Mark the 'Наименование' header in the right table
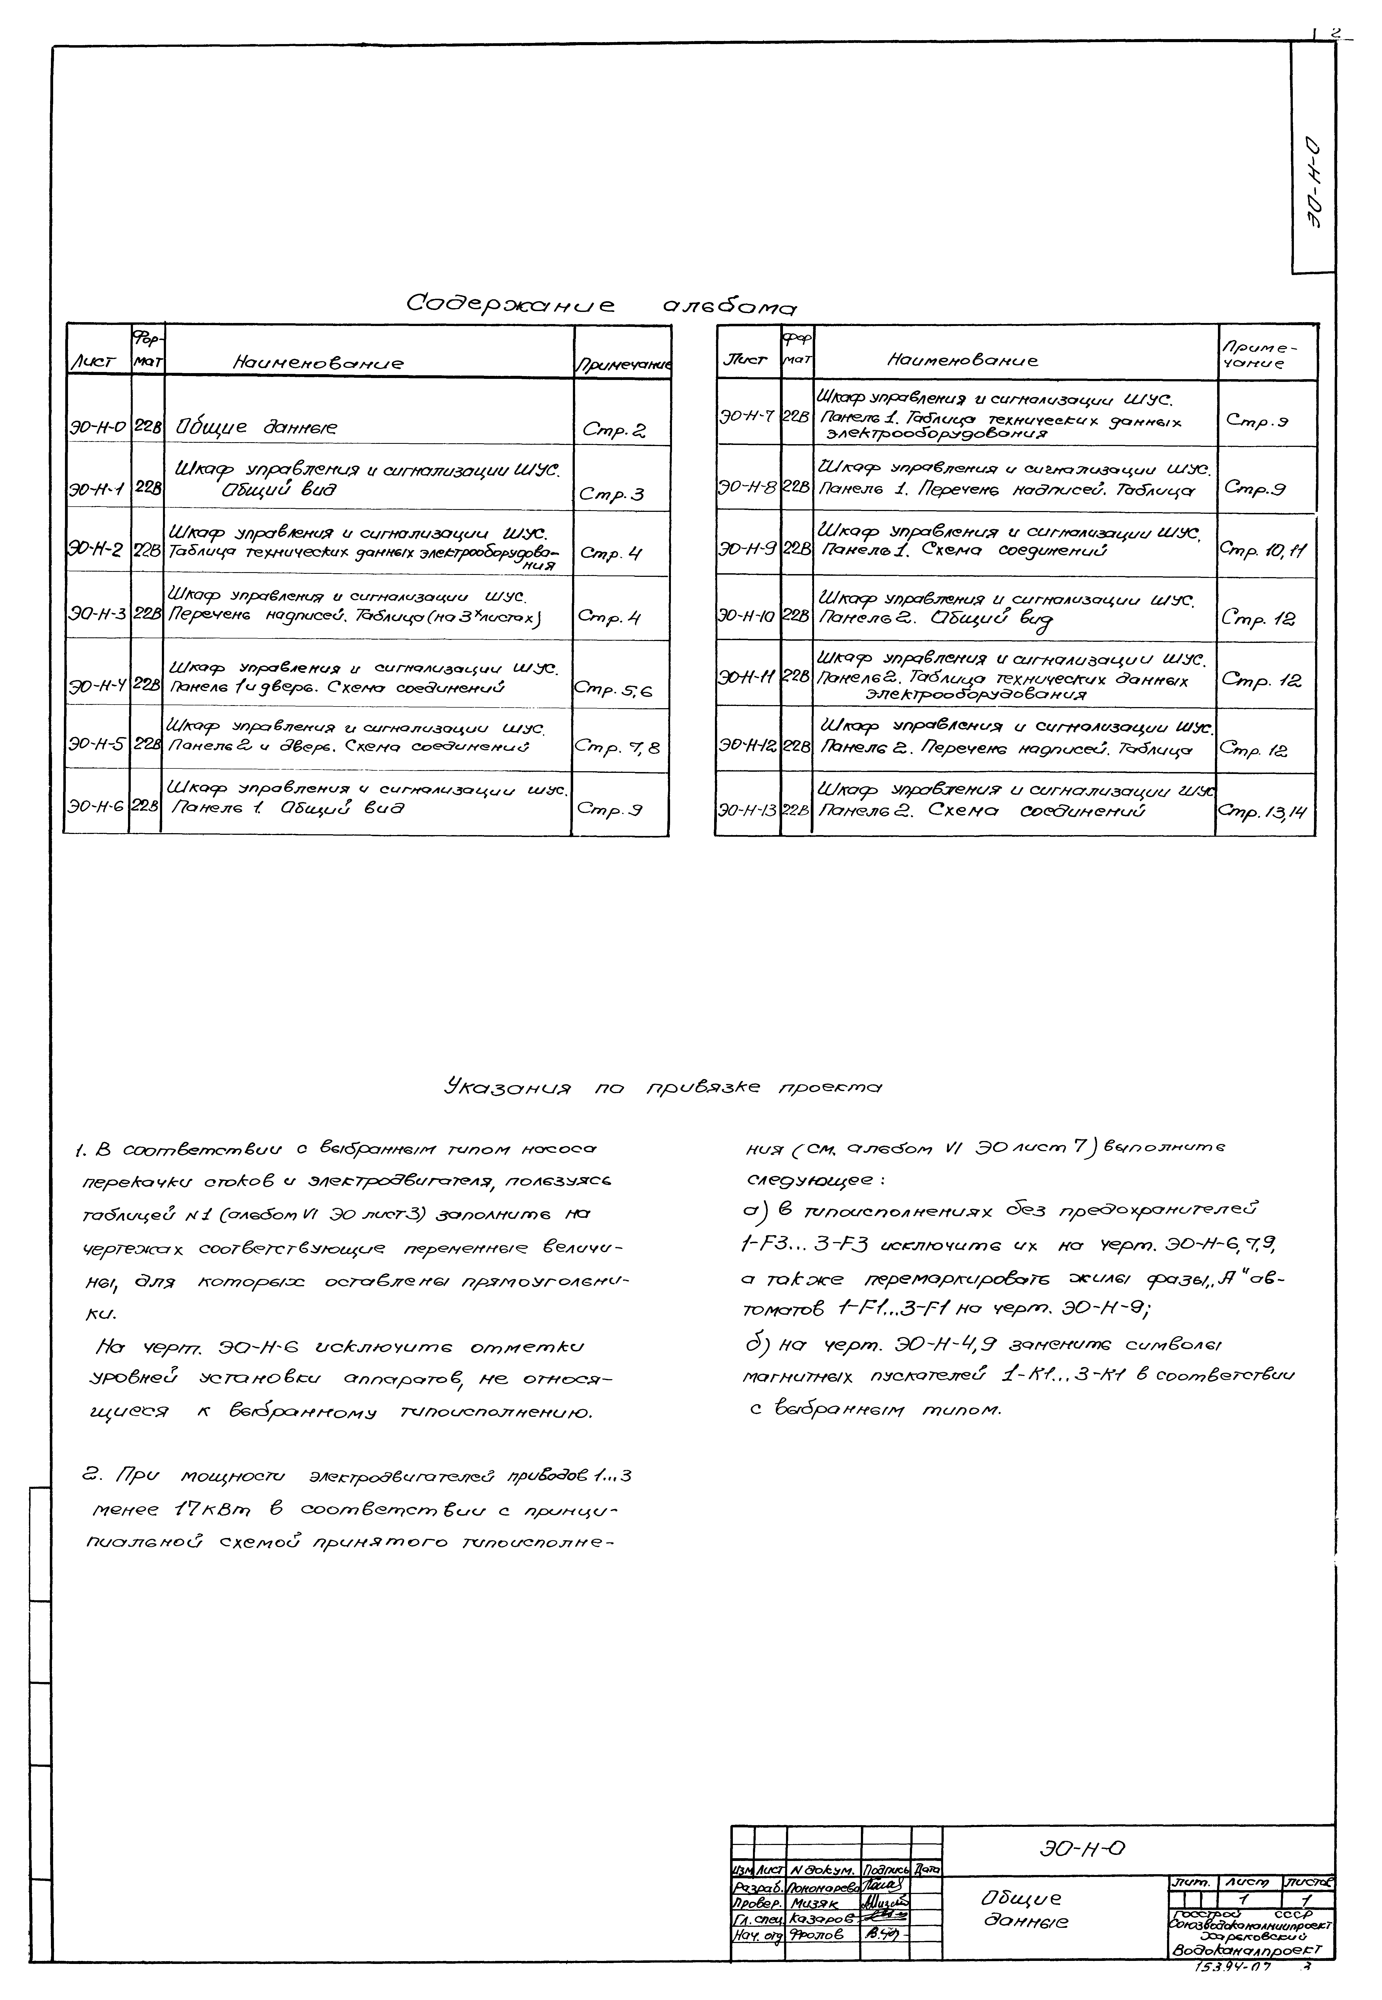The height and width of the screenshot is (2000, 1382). click(x=962, y=359)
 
